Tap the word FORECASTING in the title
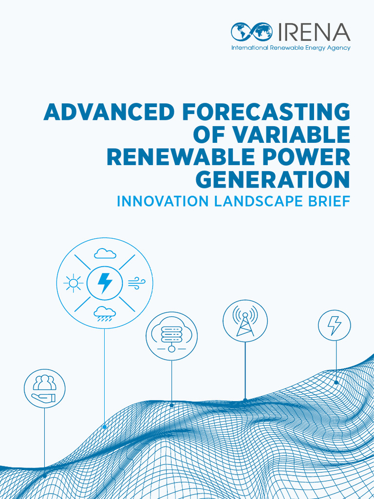[266, 113]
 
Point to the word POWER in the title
[307, 157]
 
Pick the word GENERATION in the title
[273, 180]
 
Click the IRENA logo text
[314, 33]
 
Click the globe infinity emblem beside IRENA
[252, 32]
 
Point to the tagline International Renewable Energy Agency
[291, 48]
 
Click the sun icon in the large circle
[74, 283]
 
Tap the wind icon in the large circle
[137, 283]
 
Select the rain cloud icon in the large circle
[105, 313]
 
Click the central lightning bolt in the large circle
[105, 283]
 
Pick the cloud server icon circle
[171, 336]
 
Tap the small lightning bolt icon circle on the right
[334, 325]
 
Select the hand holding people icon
[44, 388]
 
